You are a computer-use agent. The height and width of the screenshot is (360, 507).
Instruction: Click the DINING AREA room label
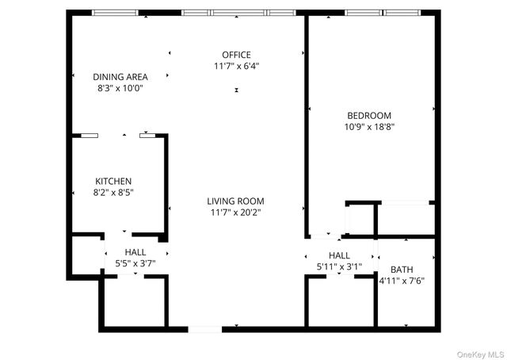coord(120,77)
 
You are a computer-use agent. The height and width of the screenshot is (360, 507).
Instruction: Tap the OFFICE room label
coord(236,54)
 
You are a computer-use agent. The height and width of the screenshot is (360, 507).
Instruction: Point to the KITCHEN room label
coord(113,181)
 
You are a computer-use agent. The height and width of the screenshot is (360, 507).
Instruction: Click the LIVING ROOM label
coord(236,201)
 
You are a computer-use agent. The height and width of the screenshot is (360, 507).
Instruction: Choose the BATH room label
coord(402,270)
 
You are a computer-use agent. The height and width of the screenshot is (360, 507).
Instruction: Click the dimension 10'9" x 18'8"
coord(369,126)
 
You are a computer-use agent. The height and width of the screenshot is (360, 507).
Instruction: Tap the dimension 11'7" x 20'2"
coord(236,212)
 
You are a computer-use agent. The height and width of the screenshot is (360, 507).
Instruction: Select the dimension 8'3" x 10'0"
coord(120,88)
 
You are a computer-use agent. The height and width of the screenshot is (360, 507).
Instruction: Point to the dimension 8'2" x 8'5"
coord(113,192)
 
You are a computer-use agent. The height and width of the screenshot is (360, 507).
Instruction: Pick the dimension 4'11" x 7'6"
coord(402,281)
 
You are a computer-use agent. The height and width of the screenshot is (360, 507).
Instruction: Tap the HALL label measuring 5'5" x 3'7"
coord(135,252)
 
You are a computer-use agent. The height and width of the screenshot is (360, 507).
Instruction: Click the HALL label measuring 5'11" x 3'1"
coord(339,255)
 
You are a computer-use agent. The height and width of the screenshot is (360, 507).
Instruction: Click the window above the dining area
coord(115,13)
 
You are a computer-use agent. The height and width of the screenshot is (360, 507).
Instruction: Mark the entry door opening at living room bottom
coord(204,328)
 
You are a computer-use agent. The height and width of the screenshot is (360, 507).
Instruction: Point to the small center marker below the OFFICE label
coord(236,90)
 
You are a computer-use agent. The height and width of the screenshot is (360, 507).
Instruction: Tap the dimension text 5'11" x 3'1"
coord(339,266)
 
